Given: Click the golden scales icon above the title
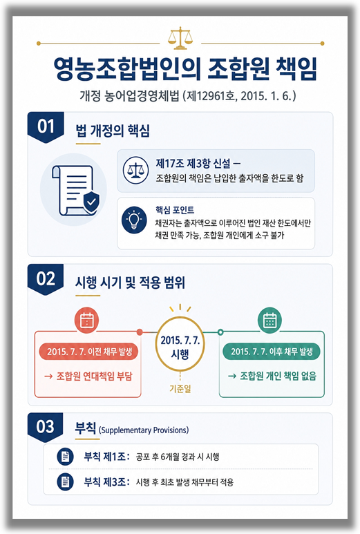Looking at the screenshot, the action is (x=180, y=39).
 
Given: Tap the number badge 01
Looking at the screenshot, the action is (x=46, y=126).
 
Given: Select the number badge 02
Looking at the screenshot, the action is (x=46, y=279).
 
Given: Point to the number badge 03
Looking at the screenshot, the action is (x=46, y=427).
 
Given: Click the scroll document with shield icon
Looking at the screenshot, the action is (x=75, y=191).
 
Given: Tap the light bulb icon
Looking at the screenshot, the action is (x=134, y=220).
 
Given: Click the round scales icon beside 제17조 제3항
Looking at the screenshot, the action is (x=135, y=170).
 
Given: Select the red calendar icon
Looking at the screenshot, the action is (x=86, y=320).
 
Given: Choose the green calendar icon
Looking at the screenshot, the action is (x=269, y=320).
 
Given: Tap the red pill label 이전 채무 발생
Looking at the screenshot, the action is (x=88, y=352).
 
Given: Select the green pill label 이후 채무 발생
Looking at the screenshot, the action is (x=272, y=352).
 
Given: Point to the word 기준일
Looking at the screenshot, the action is (x=180, y=388).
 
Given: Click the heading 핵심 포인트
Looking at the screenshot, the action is (x=175, y=210).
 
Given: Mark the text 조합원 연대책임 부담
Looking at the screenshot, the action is (x=95, y=376).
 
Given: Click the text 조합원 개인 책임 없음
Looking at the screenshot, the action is (x=278, y=376).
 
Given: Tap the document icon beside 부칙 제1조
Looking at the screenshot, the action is (x=66, y=457).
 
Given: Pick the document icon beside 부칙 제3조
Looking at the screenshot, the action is (x=66, y=482).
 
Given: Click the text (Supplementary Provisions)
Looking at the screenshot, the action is (x=144, y=430).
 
